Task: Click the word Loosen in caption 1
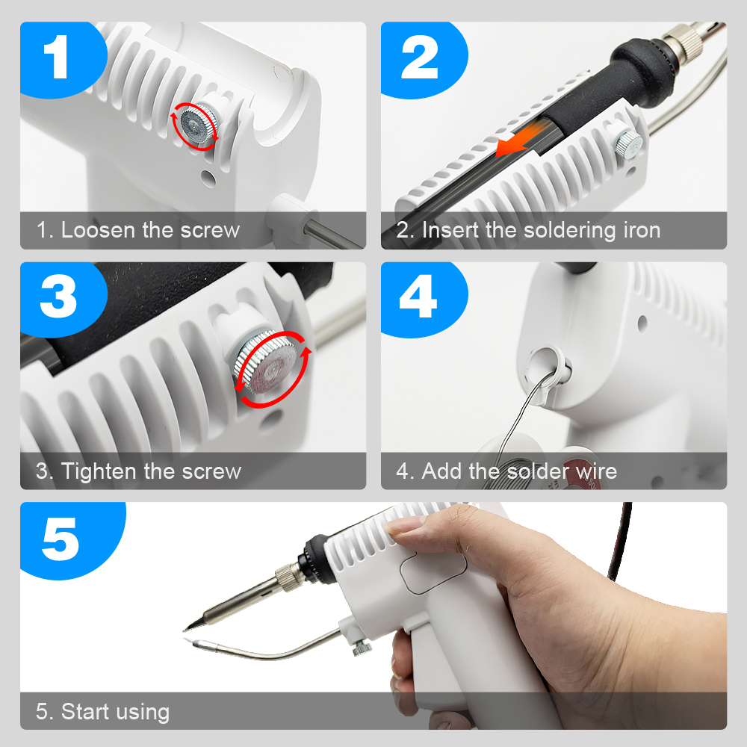click(x=98, y=230)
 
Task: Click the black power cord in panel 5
click(x=622, y=541)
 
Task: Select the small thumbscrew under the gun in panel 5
click(x=362, y=648)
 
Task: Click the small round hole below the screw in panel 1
click(x=208, y=177)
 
